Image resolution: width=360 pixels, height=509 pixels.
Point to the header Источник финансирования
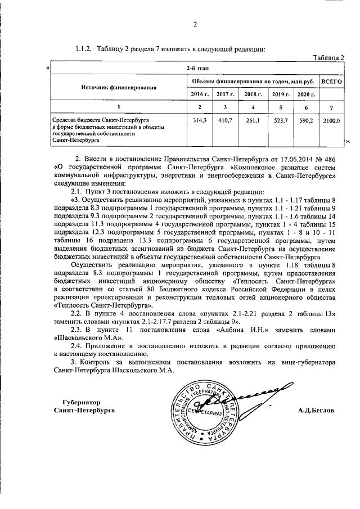click(119, 88)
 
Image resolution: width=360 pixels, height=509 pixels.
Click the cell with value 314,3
click(200, 120)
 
